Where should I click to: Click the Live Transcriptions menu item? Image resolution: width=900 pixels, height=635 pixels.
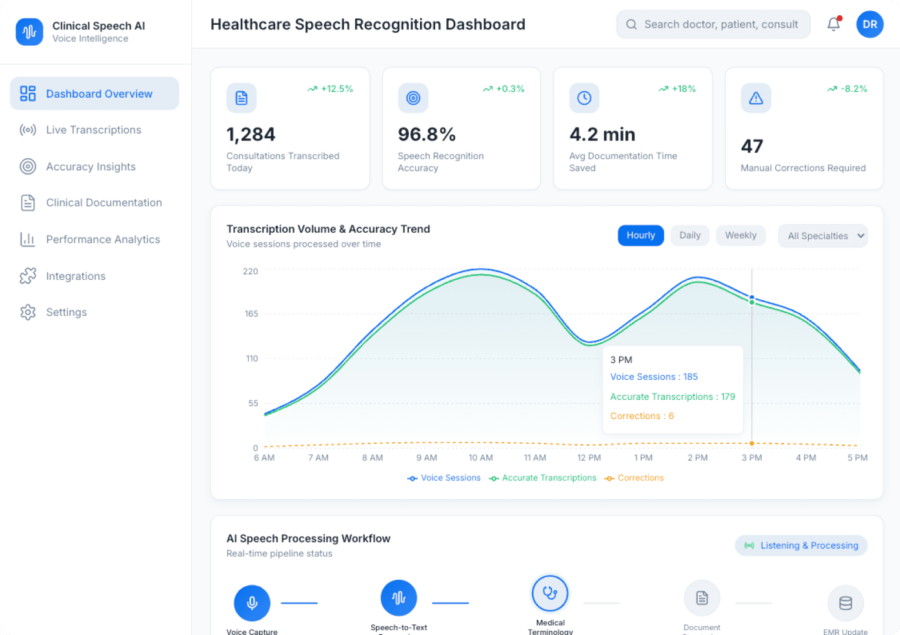point(94,130)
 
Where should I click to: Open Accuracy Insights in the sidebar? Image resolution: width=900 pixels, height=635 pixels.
point(91,167)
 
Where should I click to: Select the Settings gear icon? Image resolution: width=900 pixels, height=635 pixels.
point(28,312)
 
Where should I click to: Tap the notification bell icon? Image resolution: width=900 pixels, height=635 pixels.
point(834,24)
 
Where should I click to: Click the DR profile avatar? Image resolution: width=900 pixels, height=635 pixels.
point(869,24)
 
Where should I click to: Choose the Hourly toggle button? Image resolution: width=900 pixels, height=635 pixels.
point(641,235)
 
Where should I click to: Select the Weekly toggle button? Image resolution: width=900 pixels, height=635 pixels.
point(741,235)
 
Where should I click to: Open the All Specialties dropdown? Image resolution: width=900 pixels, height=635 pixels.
point(822,236)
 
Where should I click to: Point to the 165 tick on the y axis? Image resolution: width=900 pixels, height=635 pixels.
point(251,314)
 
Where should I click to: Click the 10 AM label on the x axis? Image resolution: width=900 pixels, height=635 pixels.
point(481,457)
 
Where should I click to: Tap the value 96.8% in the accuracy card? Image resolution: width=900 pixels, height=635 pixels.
point(426,135)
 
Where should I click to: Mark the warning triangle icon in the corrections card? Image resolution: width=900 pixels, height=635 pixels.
point(756,98)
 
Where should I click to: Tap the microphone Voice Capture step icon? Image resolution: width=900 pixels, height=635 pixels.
point(252,603)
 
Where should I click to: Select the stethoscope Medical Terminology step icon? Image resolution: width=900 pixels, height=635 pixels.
point(550,593)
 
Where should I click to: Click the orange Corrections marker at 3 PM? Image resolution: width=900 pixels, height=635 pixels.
point(752,443)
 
